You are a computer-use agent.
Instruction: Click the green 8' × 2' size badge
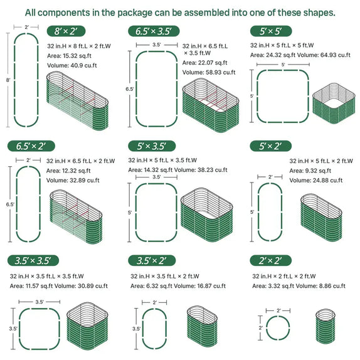[66, 31]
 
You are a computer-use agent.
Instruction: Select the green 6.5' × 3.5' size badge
[152, 31]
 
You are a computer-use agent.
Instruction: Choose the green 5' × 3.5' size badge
[151, 146]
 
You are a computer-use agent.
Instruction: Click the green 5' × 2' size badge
[270, 146]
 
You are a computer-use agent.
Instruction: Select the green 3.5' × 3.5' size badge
[33, 260]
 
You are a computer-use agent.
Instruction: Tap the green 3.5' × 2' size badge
[151, 260]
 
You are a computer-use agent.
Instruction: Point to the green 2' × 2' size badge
[270, 260]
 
